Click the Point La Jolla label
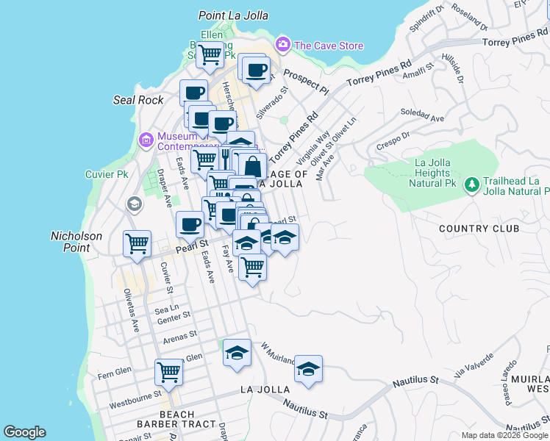[233, 15]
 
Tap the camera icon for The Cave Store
[282, 46]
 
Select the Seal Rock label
[138, 100]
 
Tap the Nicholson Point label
[80, 242]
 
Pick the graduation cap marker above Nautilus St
[308, 369]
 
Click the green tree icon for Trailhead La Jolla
[471, 187]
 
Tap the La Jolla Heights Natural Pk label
[432, 173]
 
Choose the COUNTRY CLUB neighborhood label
[478, 229]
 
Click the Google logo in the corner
[24, 432]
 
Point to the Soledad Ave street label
[423, 115]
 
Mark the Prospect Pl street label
[305, 82]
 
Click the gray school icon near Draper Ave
[133, 204]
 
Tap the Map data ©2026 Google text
[504, 435]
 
